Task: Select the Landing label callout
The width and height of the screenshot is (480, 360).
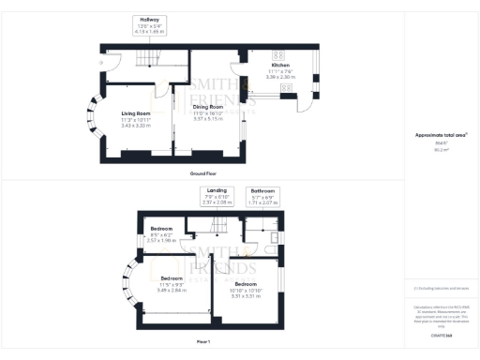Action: point(217,197)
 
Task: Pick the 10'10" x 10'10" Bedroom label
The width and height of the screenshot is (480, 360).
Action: point(246,287)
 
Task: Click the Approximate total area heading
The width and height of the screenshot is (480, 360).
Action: point(441,135)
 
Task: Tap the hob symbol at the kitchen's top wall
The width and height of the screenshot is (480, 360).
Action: point(279,52)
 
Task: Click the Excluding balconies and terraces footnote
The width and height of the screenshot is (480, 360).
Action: point(441,289)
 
